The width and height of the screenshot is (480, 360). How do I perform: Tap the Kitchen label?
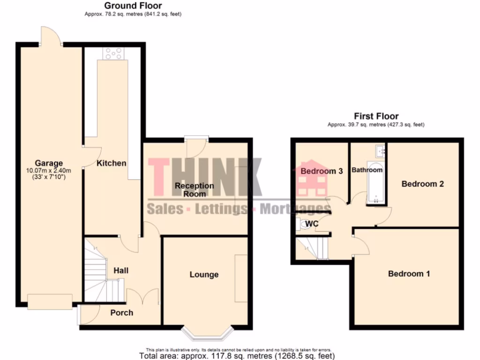coord(111,163)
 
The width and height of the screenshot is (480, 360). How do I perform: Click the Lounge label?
coord(204,274)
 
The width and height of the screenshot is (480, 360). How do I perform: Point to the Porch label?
coord(121,313)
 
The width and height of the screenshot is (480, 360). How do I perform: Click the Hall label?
coord(121,270)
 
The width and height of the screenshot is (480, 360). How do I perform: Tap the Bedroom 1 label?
coord(409,273)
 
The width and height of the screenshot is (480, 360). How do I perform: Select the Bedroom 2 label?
coord(422,184)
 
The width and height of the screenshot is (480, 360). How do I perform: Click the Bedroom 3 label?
coord(322,171)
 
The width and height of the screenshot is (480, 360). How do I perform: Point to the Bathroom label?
coord(367,170)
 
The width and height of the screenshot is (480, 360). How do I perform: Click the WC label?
coord(312,224)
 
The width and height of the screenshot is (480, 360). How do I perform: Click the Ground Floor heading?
coord(133,6)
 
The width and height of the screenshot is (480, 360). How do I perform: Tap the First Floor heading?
coord(376,116)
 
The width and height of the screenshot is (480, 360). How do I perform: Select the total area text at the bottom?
coord(240,356)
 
